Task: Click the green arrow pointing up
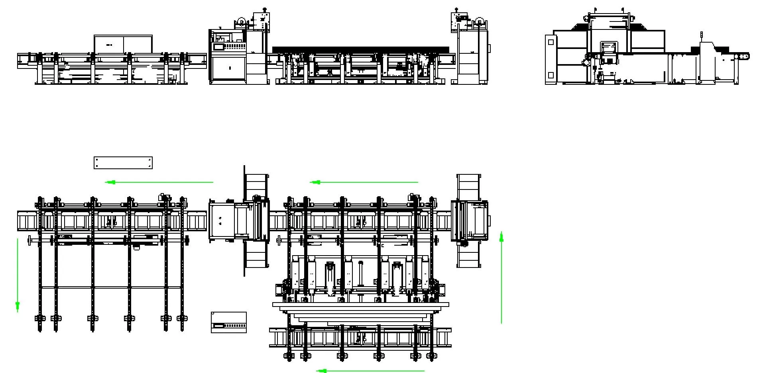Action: (x=501, y=238)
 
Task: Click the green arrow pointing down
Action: (x=17, y=306)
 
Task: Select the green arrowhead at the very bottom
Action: (x=322, y=371)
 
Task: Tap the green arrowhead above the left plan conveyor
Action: (x=111, y=182)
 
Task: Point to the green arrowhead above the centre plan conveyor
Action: (x=316, y=182)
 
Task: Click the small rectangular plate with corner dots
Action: (x=123, y=163)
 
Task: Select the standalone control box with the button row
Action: (x=228, y=322)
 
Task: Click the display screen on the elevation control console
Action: (x=220, y=47)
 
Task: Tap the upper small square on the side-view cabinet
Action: (x=551, y=42)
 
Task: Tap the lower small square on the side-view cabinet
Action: (x=551, y=75)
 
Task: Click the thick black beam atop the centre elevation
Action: (x=360, y=50)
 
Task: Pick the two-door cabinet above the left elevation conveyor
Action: (x=123, y=44)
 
